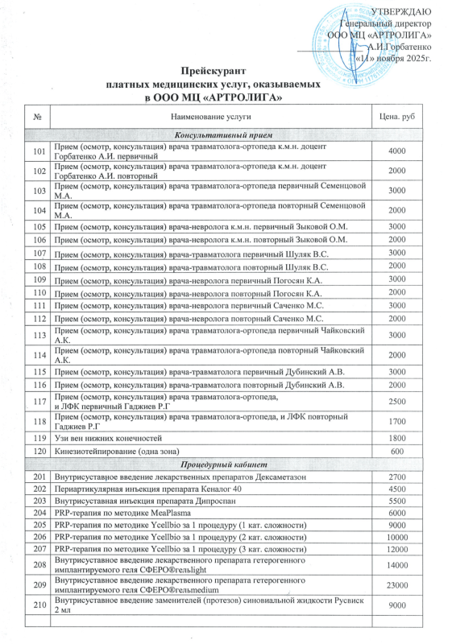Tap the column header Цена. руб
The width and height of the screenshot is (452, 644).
396,118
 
